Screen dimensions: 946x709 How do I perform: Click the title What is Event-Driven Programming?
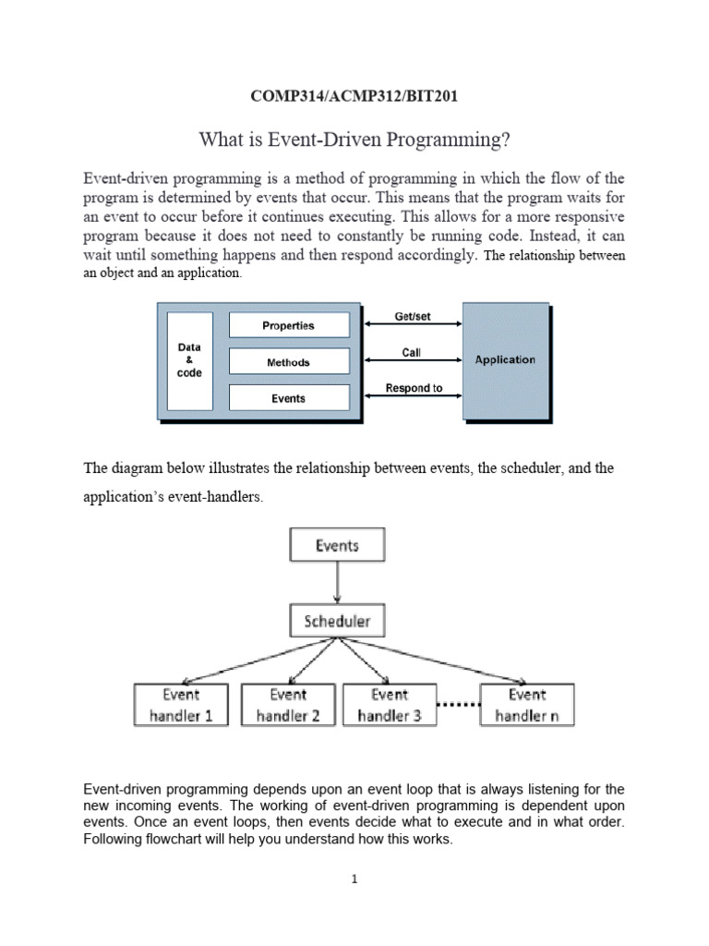(x=354, y=140)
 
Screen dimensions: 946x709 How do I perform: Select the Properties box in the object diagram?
(x=288, y=325)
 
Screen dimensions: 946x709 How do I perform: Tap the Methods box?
(x=288, y=362)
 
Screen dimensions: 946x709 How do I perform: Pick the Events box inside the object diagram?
(x=288, y=398)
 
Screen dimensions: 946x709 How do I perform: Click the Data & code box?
(x=189, y=360)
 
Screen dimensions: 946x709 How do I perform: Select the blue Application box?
(x=505, y=360)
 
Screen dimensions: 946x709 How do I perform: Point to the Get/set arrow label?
(x=412, y=317)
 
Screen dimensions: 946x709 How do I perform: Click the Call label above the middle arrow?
(x=412, y=353)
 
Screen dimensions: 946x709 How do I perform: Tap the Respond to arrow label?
(x=413, y=388)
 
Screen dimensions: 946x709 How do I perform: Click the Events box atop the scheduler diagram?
(x=337, y=546)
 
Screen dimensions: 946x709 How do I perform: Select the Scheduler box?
(x=337, y=622)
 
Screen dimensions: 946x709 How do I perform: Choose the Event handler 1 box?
(x=181, y=705)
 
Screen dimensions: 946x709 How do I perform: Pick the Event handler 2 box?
(x=288, y=705)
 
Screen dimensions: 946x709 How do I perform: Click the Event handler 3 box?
(x=390, y=705)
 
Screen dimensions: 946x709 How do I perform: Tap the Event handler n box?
(x=526, y=705)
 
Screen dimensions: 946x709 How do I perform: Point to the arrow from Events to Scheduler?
(x=337, y=583)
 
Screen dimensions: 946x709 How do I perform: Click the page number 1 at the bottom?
(x=354, y=879)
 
